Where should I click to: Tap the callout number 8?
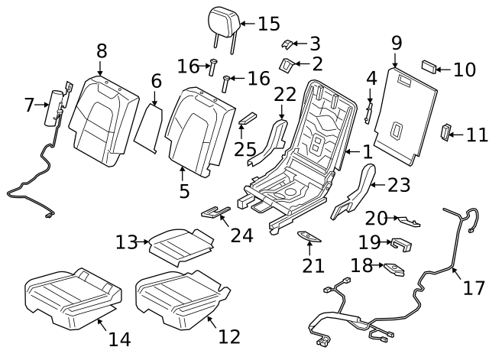(x=102, y=53)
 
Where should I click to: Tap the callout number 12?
(x=228, y=336)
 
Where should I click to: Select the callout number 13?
(x=126, y=243)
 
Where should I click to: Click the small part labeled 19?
(x=400, y=245)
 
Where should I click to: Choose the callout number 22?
(x=284, y=94)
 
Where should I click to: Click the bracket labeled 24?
(x=215, y=211)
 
